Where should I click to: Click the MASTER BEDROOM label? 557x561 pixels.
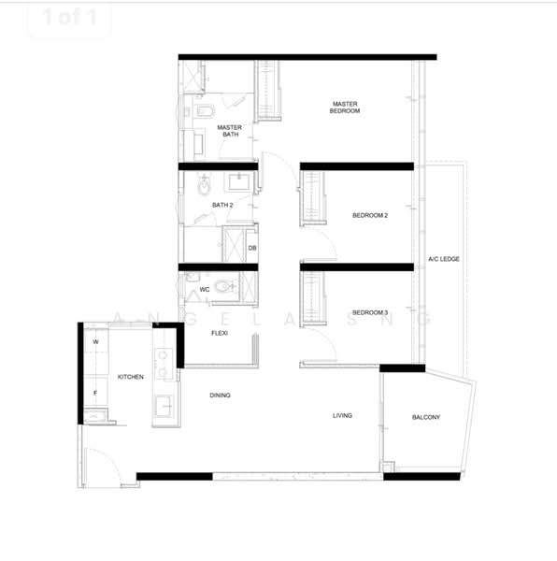coord(345,108)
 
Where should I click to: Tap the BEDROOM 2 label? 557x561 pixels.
coord(370,215)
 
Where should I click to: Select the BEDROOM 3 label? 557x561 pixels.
coord(370,312)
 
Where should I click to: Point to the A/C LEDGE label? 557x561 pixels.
coord(444,259)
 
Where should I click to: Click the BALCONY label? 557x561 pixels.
coord(426,417)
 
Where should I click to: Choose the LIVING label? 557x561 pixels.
coord(342,415)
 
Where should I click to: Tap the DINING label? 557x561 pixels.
coord(220,395)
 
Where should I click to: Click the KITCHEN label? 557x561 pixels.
coord(131,377)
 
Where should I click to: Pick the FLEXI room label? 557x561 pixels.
coord(220,333)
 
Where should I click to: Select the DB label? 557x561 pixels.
coord(252,248)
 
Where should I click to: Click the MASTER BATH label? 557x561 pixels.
coord(230,131)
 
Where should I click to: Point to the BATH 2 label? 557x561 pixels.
coord(222,205)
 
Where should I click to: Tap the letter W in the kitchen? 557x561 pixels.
coord(96,341)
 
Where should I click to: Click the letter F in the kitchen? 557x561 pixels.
coord(95,393)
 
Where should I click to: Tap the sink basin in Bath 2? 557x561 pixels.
coord(240,182)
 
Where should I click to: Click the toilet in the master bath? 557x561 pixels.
coord(205,111)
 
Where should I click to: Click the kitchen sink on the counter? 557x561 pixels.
coord(164,407)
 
